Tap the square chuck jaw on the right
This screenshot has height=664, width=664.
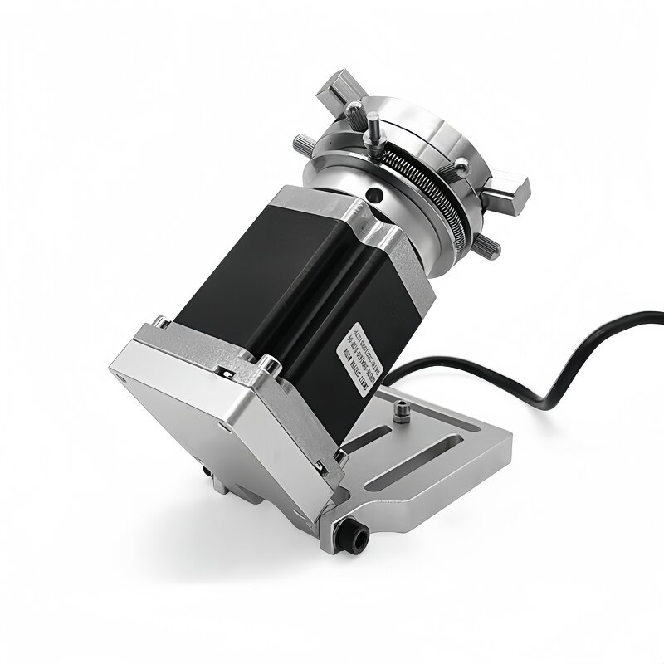click(x=505, y=189)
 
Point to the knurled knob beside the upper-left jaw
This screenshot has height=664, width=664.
click(x=353, y=107)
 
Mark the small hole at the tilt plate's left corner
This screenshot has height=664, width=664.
click(x=126, y=362)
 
